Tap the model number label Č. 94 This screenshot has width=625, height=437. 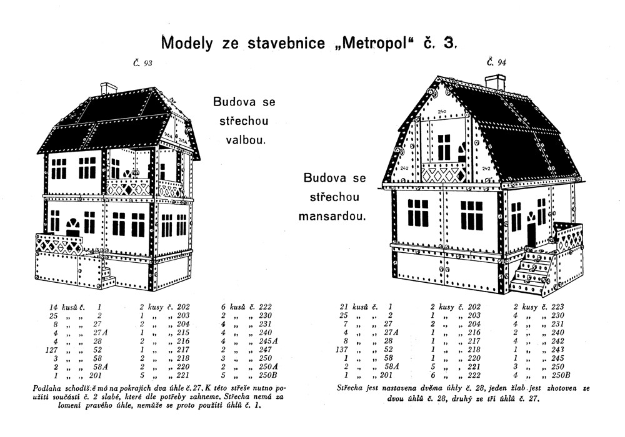pos(497,62)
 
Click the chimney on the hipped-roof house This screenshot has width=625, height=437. pos(109,89)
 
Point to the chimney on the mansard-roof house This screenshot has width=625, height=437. pos(495,82)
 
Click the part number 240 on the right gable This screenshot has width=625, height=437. pos(442,112)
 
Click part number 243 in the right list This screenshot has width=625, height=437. pos(554,351)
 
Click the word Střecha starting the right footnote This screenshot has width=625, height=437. pos(352,389)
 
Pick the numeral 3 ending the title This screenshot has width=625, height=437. pos(449,43)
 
